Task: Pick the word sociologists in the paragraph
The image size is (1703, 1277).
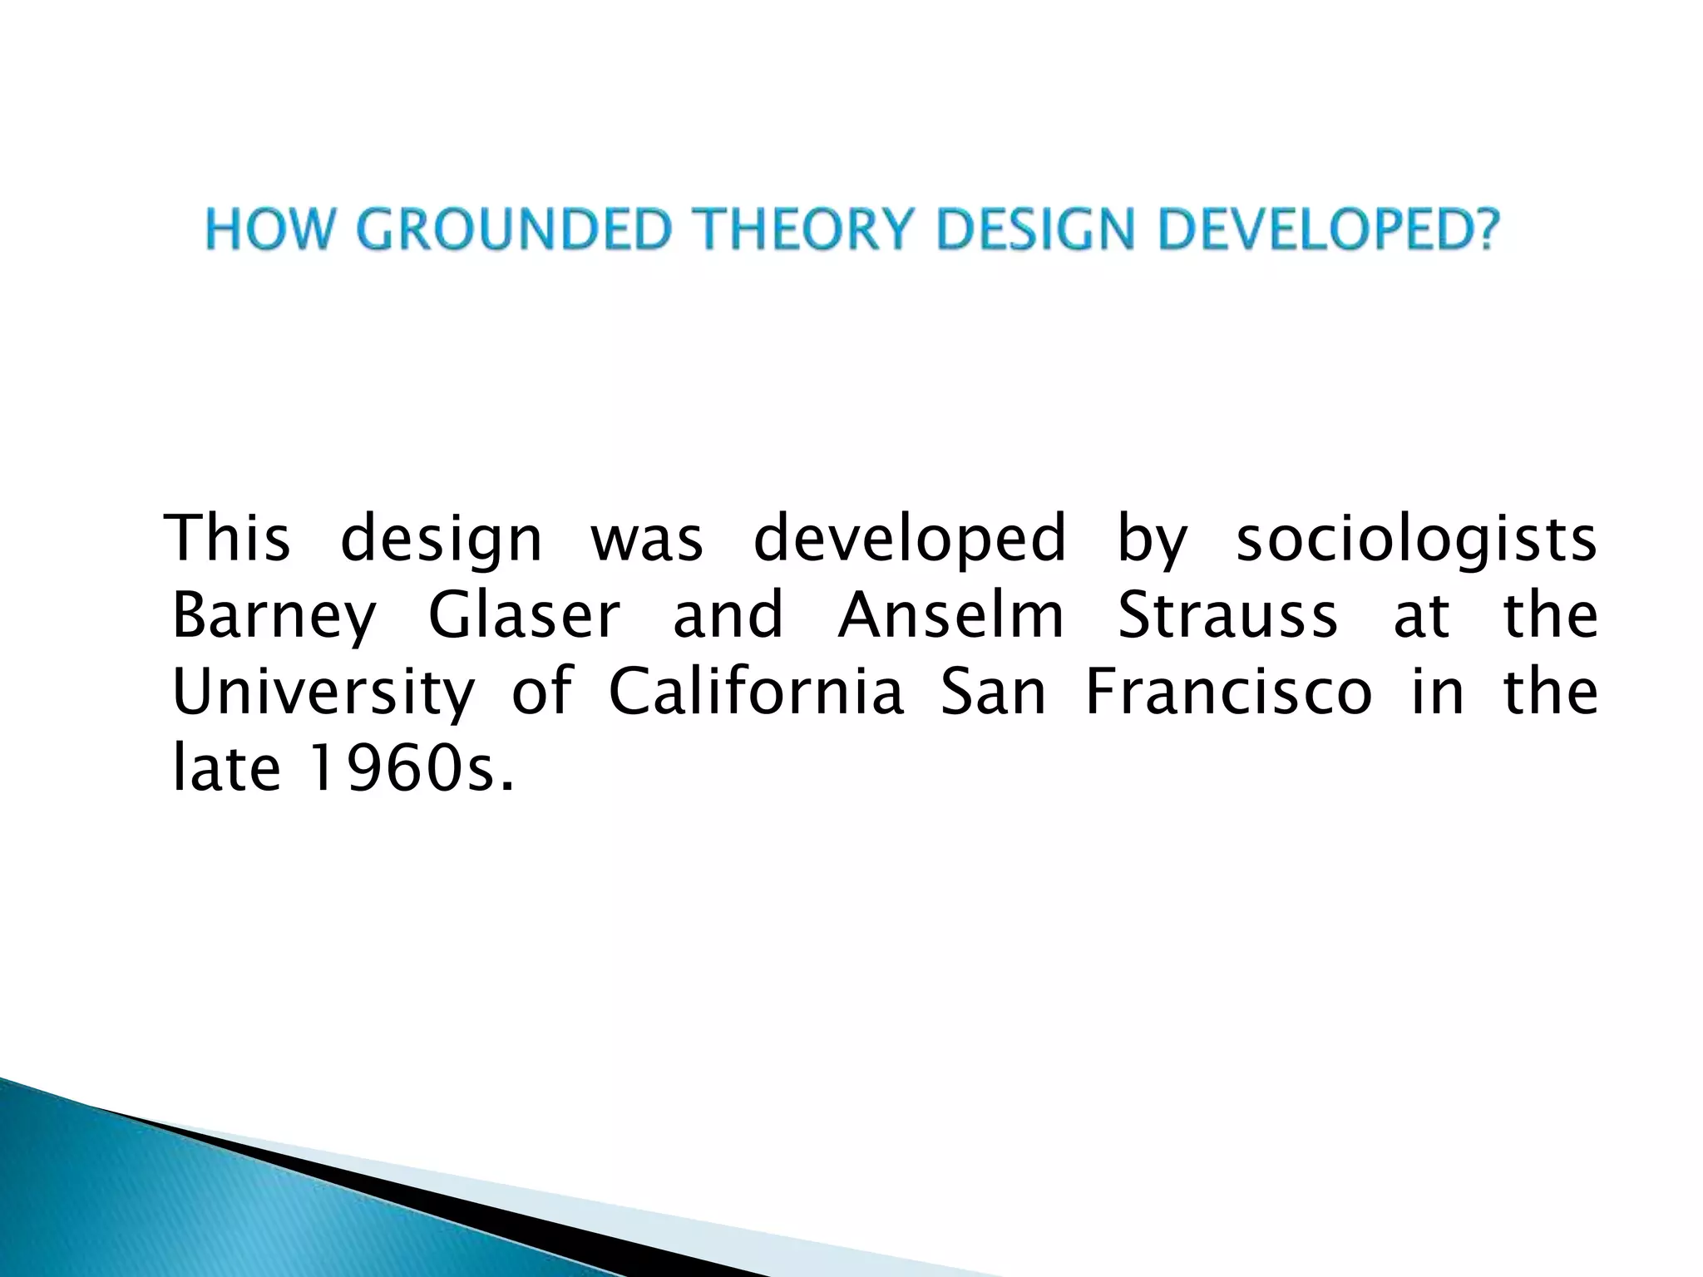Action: [x=1415, y=539]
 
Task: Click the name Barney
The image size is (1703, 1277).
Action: [x=274, y=616]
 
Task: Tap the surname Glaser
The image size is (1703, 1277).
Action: [x=524, y=616]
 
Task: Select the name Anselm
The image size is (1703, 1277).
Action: [x=950, y=616]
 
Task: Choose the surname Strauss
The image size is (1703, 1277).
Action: [x=1227, y=616]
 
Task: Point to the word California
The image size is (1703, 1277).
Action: [x=755, y=693]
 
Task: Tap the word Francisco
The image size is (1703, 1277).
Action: [x=1228, y=693]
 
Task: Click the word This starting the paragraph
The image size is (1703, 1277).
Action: [x=229, y=539]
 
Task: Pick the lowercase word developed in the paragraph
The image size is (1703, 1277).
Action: [x=909, y=539]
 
